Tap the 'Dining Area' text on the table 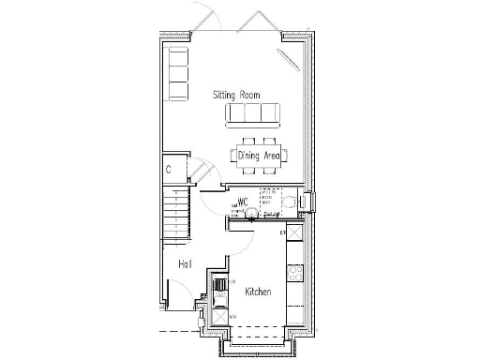click(259, 156)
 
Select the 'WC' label click(242, 202)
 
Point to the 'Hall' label click(185, 264)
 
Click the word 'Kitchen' click(258, 292)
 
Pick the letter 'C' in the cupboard click(168, 170)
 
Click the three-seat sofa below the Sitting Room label click(252, 114)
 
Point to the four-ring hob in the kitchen click(294, 273)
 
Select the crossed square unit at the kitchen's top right click(293, 235)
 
